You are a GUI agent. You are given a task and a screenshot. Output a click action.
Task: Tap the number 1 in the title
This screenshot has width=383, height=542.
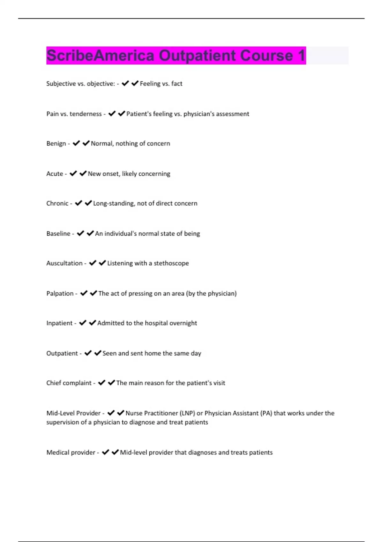coord(301,55)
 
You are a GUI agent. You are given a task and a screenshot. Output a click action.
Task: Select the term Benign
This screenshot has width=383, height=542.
coord(56,143)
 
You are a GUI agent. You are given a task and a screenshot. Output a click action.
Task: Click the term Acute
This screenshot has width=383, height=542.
coord(55,174)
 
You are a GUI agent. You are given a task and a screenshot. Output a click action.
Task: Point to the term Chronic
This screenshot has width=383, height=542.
coord(57,203)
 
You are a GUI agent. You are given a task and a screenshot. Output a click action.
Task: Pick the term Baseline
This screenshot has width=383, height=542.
coord(58,234)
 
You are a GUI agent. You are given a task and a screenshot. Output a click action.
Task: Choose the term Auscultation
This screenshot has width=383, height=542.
coord(64,263)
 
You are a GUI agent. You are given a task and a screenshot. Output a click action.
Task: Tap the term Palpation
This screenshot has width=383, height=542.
coord(60,293)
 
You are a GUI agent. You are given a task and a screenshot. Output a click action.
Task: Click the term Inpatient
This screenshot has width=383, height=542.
coord(59,323)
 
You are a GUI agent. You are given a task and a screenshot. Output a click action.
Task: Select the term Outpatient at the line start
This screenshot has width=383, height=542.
coord(62,353)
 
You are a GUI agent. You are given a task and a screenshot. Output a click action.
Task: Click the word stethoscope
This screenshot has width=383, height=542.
coord(171,263)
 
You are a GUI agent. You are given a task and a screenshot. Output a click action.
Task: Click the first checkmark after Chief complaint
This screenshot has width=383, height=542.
coord(102,383)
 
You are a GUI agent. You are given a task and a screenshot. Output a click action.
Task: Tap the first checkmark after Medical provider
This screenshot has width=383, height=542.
coord(105,452)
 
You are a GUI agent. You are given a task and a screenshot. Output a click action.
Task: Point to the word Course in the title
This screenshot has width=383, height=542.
coord(267,55)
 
